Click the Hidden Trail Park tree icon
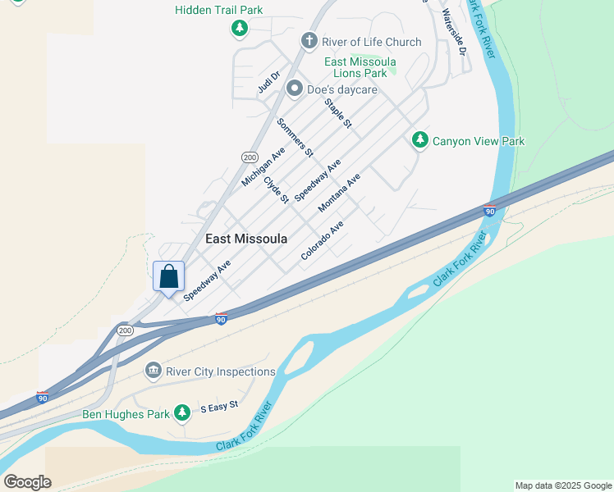[239, 30]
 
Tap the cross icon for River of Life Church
[309, 41]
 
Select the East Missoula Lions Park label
[360, 67]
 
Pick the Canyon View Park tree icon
[420, 141]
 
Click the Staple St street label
[338, 113]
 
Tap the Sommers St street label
[295, 137]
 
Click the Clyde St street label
[277, 189]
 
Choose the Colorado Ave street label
[322, 240]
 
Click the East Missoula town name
[246, 239]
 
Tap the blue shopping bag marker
[168, 276]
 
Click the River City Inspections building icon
[153, 371]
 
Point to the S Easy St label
[219, 406]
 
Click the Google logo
[27, 482]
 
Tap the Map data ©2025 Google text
[563, 485]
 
